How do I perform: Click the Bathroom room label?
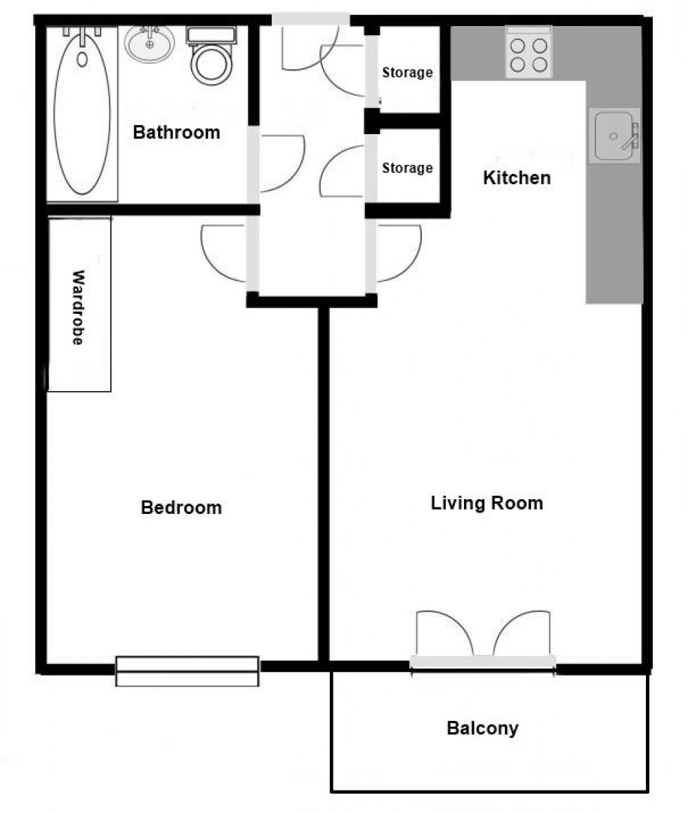click(x=176, y=132)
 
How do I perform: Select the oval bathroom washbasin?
click(x=150, y=44)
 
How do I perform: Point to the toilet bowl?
click(x=211, y=65)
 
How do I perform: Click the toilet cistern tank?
click(x=211, y=35)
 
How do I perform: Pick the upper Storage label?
click(x=407, y=72)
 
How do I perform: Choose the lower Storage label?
click(x=407, y=168)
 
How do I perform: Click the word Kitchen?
click(x=517, y=178)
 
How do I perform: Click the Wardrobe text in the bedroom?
click(x=78, y=308)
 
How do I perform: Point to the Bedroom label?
click(x=181, y=507)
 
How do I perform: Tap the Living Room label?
click(x=487, y=503)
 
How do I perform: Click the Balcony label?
click(x=482, y=728)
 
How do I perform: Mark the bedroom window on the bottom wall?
click(x=187, y=670)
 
